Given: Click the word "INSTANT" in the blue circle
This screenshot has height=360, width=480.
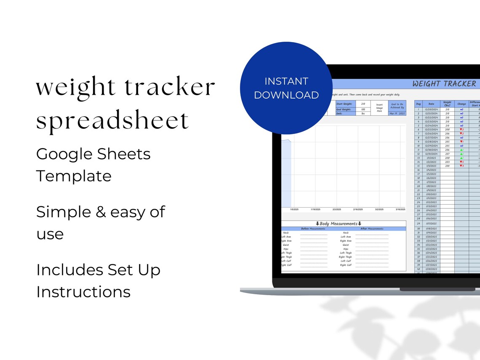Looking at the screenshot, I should pyautogui.click(x=286, y=81).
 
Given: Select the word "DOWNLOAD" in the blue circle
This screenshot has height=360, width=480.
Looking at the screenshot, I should pyautogui.click(x=286, y=95).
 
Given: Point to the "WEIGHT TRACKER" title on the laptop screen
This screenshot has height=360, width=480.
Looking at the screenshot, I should pyautogui.click(x=444, y=84).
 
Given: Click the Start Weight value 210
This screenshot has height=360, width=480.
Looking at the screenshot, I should pyautogui.click(x=363, y=103).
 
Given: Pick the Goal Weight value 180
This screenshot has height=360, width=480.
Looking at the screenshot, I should pyautogui.click(x=363, y=109).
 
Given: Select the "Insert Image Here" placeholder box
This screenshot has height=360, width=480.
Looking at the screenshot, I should pyautogui.click(x=379, y=108).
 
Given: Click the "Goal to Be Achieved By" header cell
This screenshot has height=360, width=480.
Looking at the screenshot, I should pyautogui.click(x=397, y=106).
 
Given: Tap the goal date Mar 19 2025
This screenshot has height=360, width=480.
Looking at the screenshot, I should pyautogui.click(x=397, y=114).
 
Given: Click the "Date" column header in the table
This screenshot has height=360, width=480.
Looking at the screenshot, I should pyautogui.click(x=431, y=103).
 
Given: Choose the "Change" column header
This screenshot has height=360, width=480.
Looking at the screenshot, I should pyautogui.click(x=461, y=103).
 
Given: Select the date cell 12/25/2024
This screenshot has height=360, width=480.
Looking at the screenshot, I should pyautogui.click(x=431, y=130).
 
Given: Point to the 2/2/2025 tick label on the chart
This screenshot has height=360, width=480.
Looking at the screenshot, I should pyautogui.click(x=337, y=209).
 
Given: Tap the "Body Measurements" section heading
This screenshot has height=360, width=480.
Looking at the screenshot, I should pyautogui.click(x=339, y=224).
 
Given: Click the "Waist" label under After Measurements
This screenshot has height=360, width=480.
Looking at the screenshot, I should pyautogui.click(x=346, y=245).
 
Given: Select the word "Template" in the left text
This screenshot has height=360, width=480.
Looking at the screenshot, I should pyautogui.click(x=74, y=176).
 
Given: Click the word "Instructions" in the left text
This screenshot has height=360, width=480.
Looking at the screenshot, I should pyautogui.click(x=83, y=292).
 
